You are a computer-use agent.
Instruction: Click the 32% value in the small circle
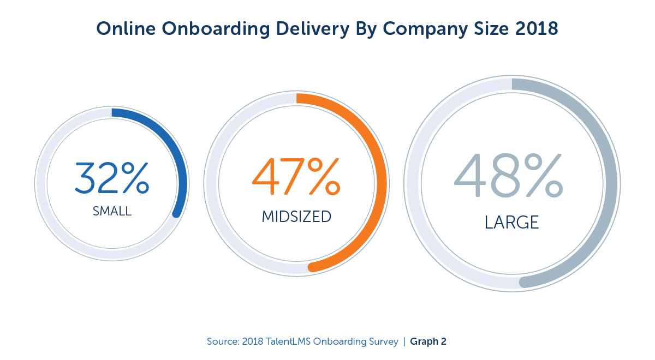(x=111, y=178)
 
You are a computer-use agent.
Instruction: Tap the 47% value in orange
(x=295, y=177)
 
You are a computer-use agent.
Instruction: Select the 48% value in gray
(x=508, y=176)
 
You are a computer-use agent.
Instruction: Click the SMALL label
(x=112, y=211)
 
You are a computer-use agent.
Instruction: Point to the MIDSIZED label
(x=296, y=217)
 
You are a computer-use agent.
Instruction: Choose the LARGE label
(x=511, y=222)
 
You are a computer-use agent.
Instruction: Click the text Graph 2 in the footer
(x=428, y=342)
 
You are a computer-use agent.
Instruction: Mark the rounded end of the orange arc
(x=313, y=267)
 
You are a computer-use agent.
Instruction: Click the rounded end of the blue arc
(x=176, y=213)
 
